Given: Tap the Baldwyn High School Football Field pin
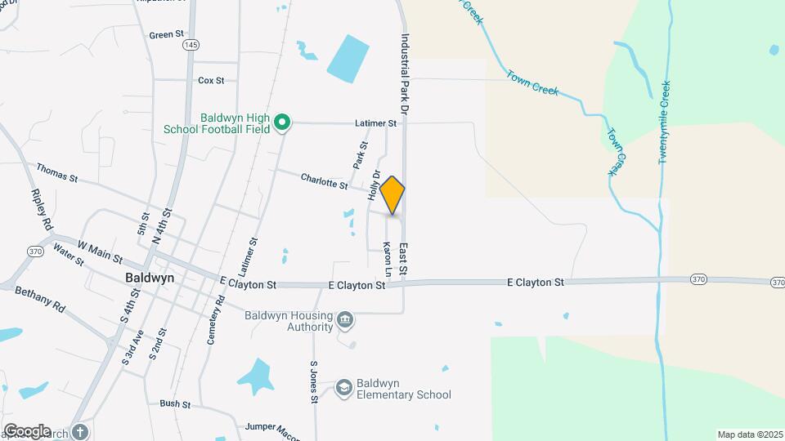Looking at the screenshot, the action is tap(282, 122).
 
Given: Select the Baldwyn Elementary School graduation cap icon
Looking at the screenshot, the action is tap(345, 385).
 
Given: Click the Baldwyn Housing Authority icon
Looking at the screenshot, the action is tap(345, 318).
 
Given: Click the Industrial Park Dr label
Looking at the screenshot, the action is tap(404, 73).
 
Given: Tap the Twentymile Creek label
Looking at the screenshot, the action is tap(664, 122).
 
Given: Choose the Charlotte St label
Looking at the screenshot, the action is tap(324, 180).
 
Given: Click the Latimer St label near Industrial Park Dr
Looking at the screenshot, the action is tap(375, 123).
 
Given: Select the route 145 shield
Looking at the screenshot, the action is tap(191, 44).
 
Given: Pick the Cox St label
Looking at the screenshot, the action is tap(211, 80).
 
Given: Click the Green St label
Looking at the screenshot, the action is tap(167, 35).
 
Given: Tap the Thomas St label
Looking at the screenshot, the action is tap(56, 172).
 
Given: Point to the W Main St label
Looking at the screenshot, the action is tap(100, 252).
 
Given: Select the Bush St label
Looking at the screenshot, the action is tap(175, 403).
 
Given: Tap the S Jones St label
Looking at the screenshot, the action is tap(313, 382).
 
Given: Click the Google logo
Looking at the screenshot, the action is tap(28, 430).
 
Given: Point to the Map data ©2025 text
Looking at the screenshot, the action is tap(748, 434).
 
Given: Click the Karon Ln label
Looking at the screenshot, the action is tap(388, 257).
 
